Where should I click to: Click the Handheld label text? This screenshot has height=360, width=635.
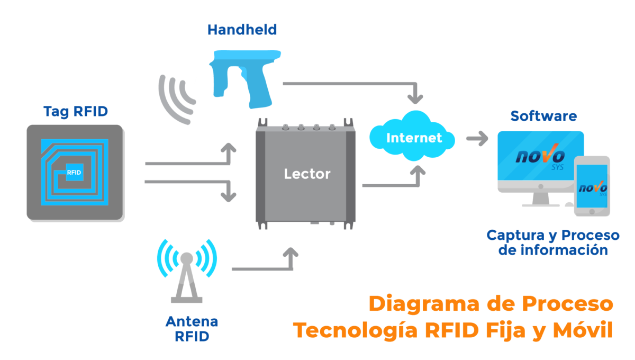click(242, 29)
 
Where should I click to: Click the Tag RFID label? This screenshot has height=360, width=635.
click(76, 111)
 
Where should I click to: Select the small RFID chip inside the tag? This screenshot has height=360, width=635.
click(74, 172)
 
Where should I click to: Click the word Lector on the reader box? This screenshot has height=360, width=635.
click(307, 174)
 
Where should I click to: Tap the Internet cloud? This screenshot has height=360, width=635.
click(413, 138)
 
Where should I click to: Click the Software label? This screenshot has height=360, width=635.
click(543, 116)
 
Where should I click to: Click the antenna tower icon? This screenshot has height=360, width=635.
click(186, 275)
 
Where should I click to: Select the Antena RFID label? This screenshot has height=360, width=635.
click(192, 329)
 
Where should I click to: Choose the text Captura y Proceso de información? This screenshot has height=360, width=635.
click(553, 242)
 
